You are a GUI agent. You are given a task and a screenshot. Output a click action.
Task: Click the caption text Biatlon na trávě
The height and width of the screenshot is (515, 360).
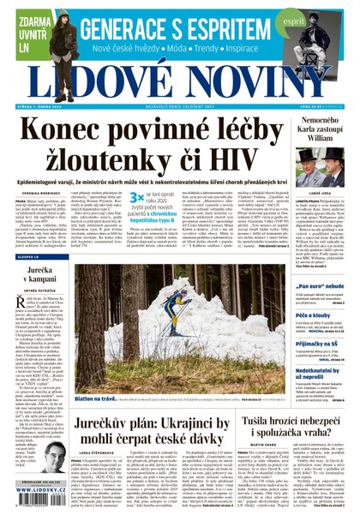tap(93, 398)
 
